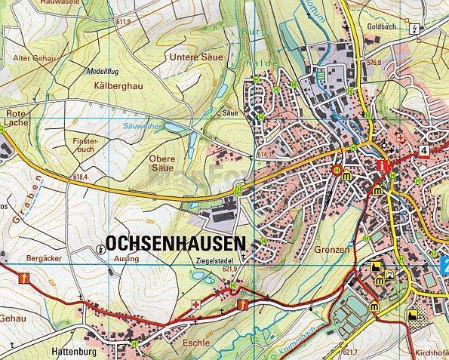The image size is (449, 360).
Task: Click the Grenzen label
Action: click(x=337, y=248)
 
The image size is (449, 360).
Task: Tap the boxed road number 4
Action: click(x=425, y=151)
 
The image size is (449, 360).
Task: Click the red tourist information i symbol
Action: click(x=384, y=165)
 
